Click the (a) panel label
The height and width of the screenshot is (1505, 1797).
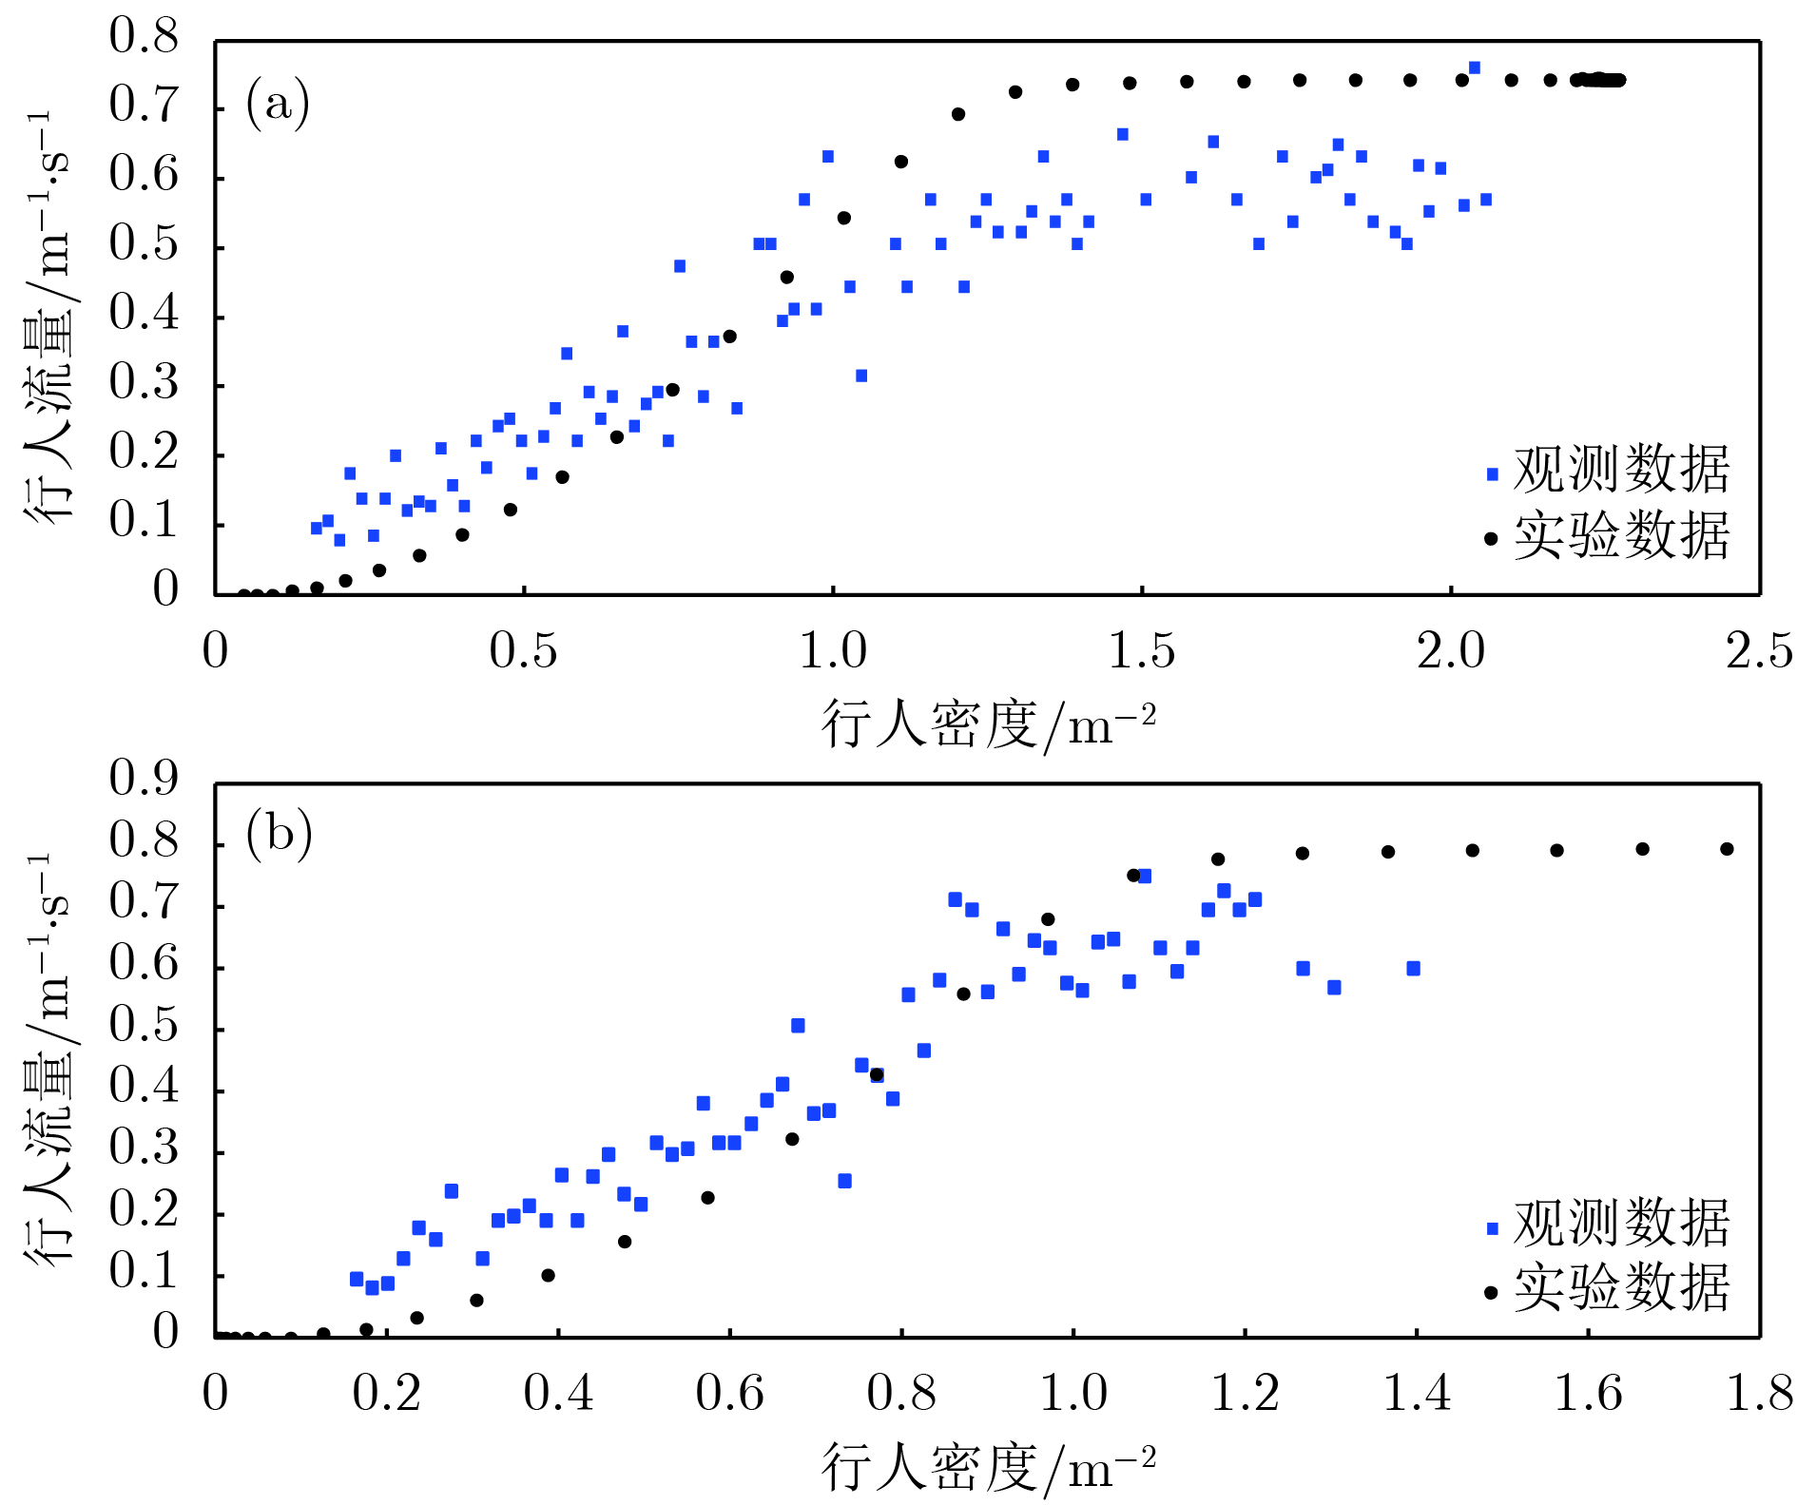coord(278,103)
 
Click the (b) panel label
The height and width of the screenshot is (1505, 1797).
coord(279,834)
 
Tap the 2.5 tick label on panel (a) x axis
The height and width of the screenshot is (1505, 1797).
coord(1759,652)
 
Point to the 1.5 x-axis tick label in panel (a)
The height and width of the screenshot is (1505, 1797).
coord(1142,652)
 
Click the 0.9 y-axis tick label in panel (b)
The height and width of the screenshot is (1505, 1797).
coord(144,778)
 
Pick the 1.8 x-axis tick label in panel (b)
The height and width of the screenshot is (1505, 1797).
coord(1759,1394)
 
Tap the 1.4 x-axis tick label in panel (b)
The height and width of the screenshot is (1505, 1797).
coord(1416,1394)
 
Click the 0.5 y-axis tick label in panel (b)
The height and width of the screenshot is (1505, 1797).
coord(144,1025)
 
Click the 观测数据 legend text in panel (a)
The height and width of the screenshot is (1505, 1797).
coord(1621,470)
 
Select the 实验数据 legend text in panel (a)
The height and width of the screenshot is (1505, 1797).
coord(1621,535)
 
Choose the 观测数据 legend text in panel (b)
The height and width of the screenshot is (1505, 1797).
coord(1621,1223)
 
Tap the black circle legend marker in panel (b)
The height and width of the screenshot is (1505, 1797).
coord(1491,1292)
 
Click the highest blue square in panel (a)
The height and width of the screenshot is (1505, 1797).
coord(1475,68)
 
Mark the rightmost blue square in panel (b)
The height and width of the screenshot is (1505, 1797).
coord(1413,969)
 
